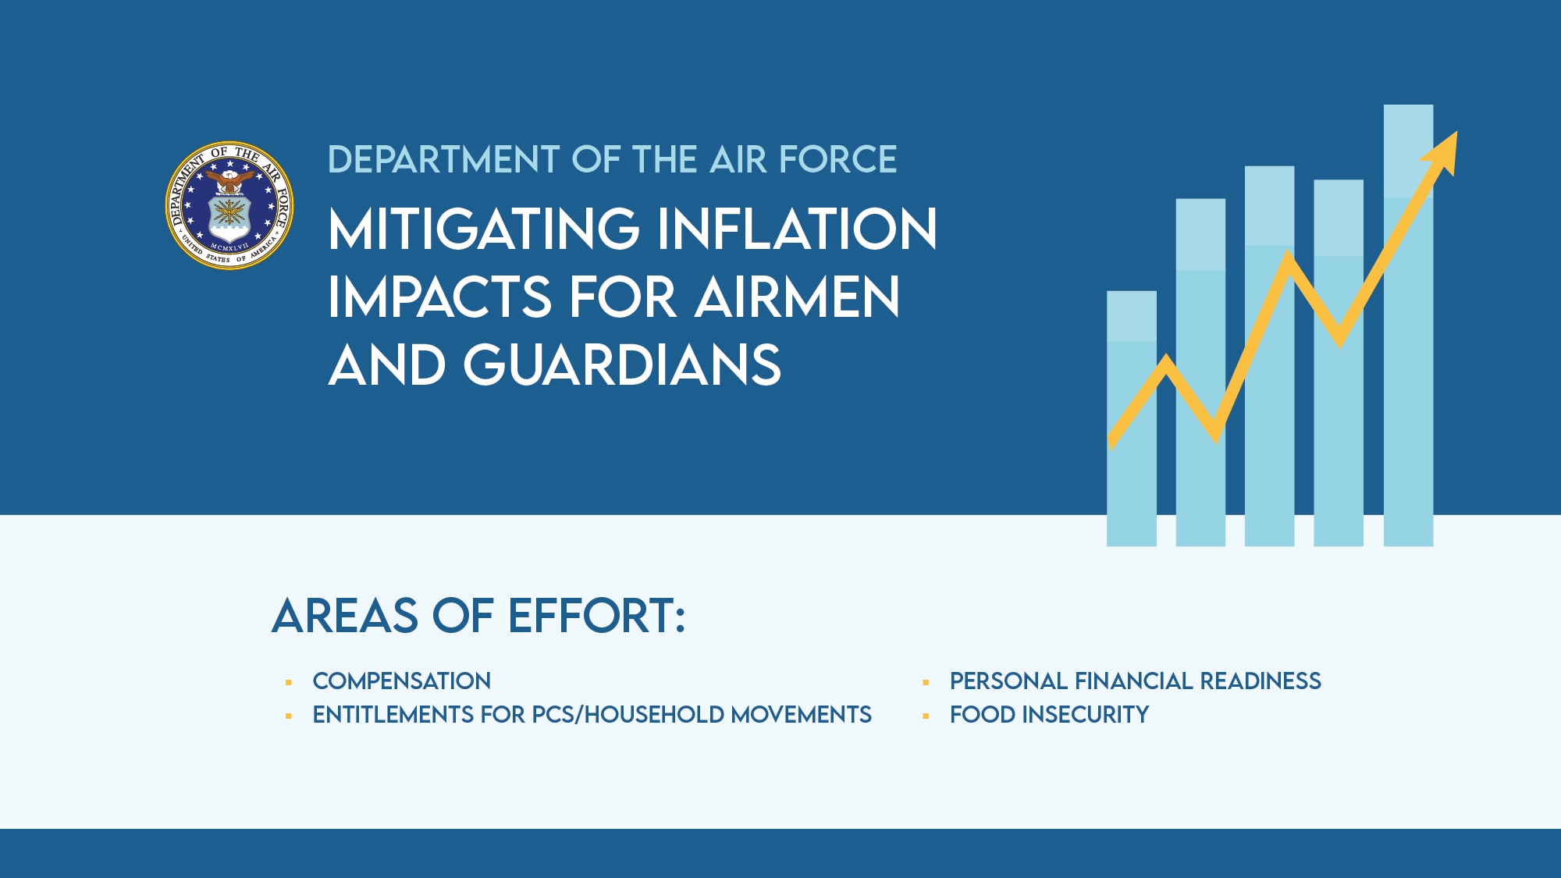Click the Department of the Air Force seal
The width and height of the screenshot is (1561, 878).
(x=229, y=205)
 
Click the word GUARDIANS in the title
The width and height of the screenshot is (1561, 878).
(x=621, y=365)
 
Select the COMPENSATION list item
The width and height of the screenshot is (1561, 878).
(x=401, y=681)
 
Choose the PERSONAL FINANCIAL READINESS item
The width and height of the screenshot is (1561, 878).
(x=1135, y=681)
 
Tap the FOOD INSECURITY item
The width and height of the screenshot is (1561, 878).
(x=1049, y=715)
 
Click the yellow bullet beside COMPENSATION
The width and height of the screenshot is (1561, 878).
(x=289, y=683)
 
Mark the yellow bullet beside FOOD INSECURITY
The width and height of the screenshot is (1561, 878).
(x=926, y=716)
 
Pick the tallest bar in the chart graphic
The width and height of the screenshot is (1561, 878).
(x=1408, y=390)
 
